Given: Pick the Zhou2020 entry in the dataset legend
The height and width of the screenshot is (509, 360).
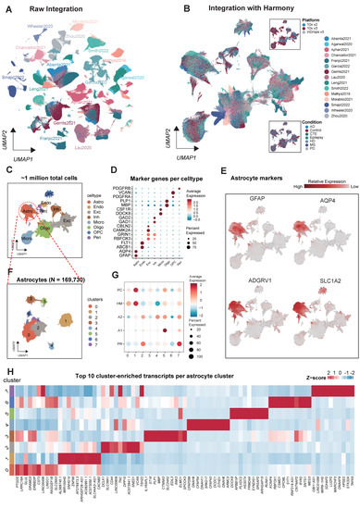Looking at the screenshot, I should (x=327, y=116).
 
